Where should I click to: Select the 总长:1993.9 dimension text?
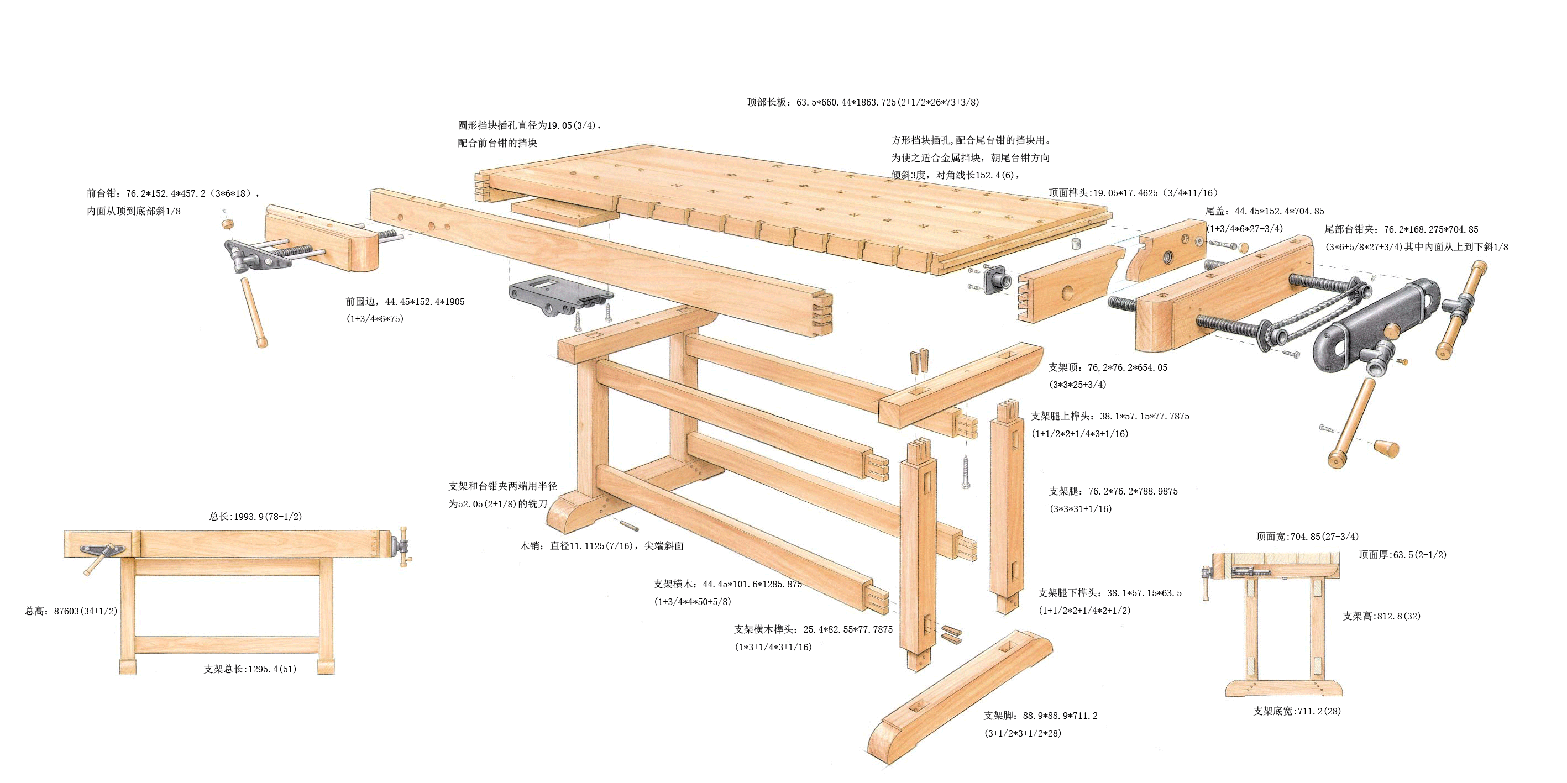(255, 517)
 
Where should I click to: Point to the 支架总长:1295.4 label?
(250, 669)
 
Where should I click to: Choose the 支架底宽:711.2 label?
(1297, 711)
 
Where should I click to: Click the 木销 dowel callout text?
(601, 546)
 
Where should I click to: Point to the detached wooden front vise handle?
(254, 312)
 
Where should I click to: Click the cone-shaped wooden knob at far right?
(1386, 449)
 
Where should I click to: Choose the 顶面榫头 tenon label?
(1133, 193)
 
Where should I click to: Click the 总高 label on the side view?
(71, 611)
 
